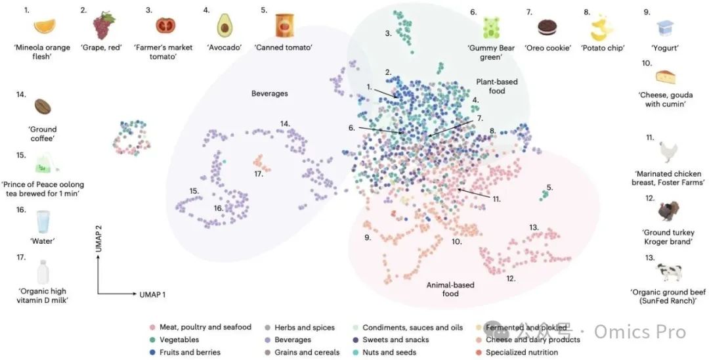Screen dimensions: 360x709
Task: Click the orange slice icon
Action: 45,26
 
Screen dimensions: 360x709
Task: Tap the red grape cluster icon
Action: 102,26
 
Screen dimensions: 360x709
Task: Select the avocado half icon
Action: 225,26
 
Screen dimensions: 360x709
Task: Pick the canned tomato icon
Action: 284,25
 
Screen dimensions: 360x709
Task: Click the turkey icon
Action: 668,211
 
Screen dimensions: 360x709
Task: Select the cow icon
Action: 669,271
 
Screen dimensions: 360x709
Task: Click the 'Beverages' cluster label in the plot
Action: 269,93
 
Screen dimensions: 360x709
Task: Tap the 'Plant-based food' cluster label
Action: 497,86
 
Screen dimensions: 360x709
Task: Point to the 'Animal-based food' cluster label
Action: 450,289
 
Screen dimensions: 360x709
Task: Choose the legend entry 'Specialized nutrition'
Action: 521,352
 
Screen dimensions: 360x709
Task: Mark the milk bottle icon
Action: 43,271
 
